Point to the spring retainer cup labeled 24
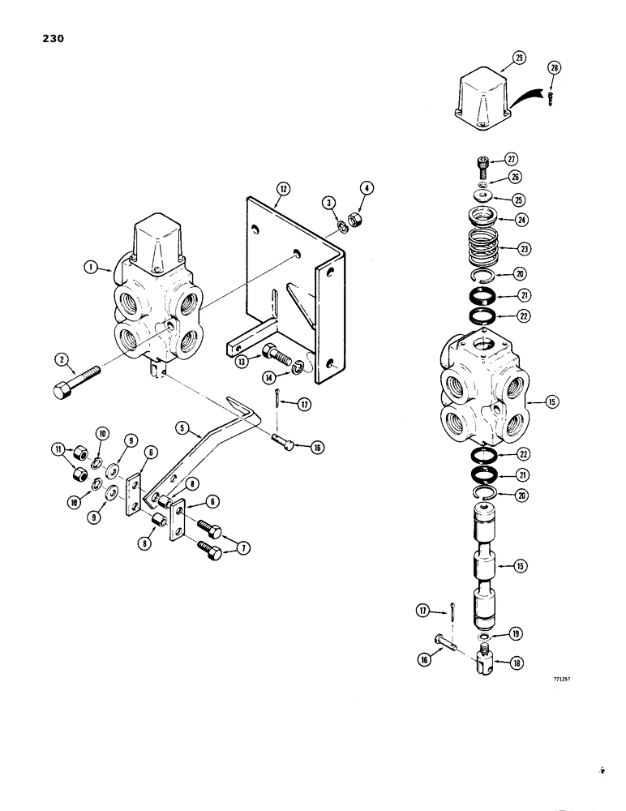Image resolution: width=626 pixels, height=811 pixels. (x=485, y=218)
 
